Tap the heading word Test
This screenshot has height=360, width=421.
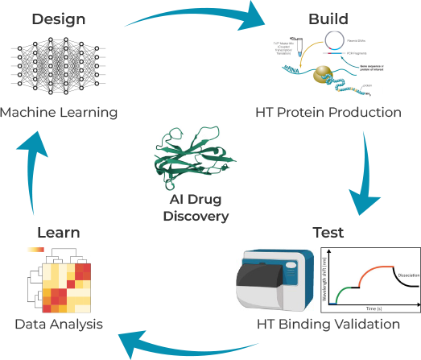click(328, 232)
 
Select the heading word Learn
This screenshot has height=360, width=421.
click(59, 232)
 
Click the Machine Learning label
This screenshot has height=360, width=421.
click(59, 112)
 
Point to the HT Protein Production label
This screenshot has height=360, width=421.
click(328, 112)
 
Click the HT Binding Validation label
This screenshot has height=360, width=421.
click(328, 325)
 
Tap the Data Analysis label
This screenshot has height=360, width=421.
click(59, 325)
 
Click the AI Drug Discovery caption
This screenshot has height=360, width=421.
click(196, 208)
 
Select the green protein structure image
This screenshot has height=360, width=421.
click(196, 158)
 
